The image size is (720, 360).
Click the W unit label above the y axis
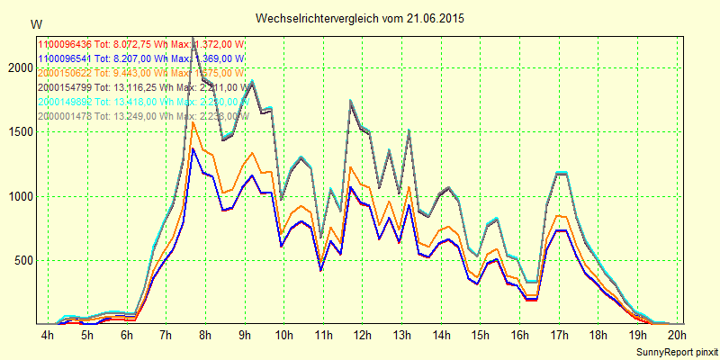click(35, 23)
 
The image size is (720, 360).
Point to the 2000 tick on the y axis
click(18, 67)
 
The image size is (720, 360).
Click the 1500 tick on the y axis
click(18, 131)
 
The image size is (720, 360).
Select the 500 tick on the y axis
click(21, 261)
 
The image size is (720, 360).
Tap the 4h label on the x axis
click(48, 336)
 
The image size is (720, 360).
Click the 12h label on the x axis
click(363, 336)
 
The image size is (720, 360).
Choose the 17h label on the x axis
click(560, 336)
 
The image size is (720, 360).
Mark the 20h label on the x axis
click(678, 336)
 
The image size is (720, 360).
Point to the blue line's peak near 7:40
click(193, 148)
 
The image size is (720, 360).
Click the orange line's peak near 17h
click(560, 216)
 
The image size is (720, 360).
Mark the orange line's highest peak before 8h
click(193, 122)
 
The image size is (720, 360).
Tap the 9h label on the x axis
click(245, 336)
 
